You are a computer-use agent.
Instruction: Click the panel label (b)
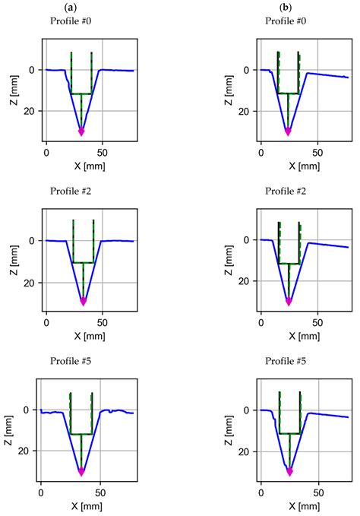pos(286,7)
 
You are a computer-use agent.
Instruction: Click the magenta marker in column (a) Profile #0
pos(81,132)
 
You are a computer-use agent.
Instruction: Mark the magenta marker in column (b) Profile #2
pos(288,302)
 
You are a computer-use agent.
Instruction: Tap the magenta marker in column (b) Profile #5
pos(289,472)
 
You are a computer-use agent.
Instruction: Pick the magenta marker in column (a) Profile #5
pos(81,472)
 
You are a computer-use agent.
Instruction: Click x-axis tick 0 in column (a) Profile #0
pos(46,152)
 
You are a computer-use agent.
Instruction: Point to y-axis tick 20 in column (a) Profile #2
pos(30,282)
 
